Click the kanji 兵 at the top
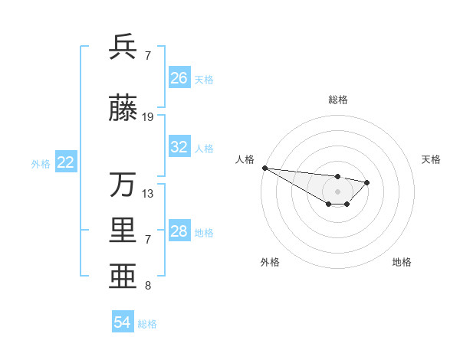coord(123,47)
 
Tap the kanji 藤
coord(123,109)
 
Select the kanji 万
coord(123,185)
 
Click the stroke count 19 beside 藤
coord(148,117)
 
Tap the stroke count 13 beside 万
coord(148,194)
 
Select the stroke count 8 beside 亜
coord(148,286)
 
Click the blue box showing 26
coord(179,77)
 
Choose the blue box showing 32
coord(179,147)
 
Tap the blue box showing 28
coord(179,231)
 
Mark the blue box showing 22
coord(66,162)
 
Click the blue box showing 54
coord(122,322)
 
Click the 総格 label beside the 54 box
coord(147,324)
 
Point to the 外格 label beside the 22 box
coord(41,163)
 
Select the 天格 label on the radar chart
coord(431,159)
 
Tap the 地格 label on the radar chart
coord(402,262)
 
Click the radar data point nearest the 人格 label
coord(264,168)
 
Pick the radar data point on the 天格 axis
coord(367,182)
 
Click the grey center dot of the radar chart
coord(337,191)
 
